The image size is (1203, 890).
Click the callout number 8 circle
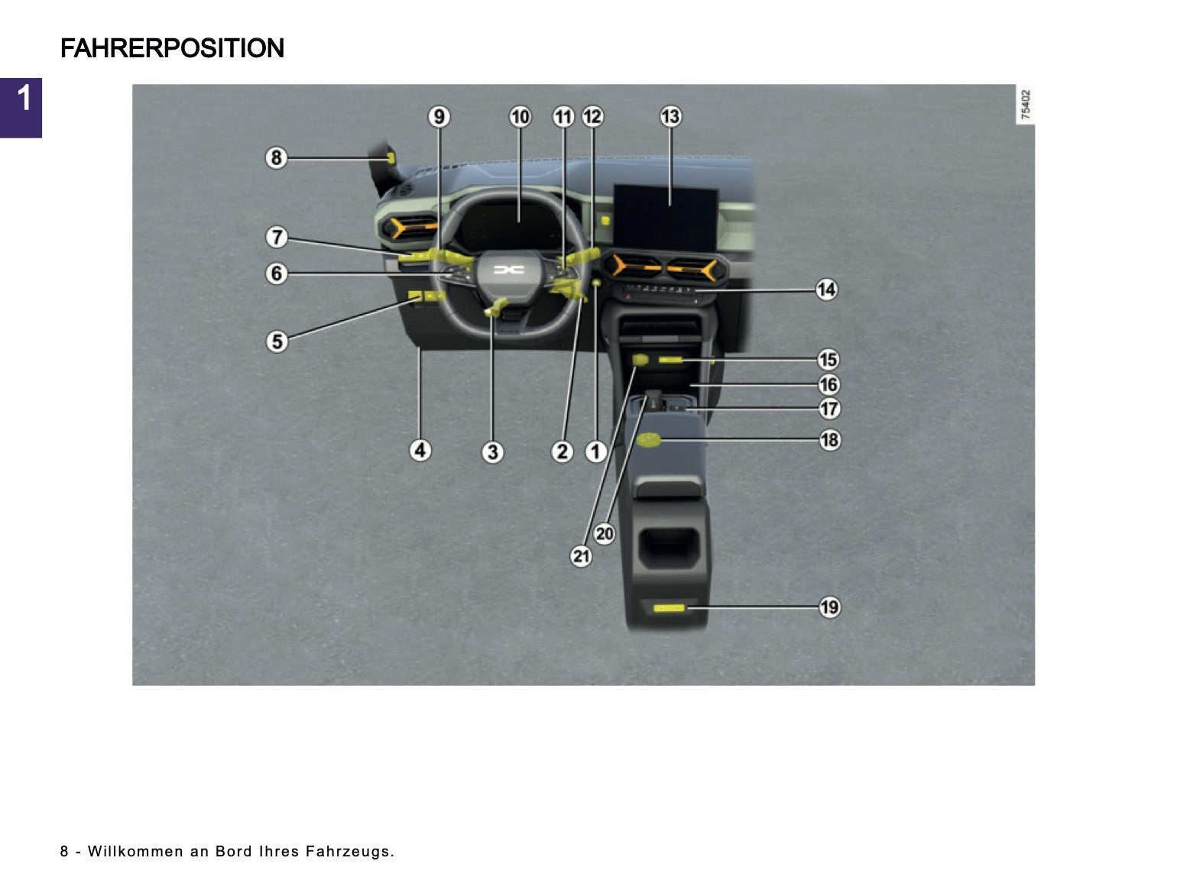tap(276, 158)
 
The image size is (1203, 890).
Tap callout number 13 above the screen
tap(670, 117)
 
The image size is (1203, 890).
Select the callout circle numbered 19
tap(829, 607)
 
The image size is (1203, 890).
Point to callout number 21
tap(581, 556)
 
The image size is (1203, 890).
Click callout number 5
tap(277, 341)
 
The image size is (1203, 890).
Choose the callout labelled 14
tap(826, 290)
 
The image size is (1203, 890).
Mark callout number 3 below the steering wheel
tap(492, 451)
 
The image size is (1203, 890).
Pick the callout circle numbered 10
tap(520, 117)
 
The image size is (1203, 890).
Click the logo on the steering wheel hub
tap(508, 270)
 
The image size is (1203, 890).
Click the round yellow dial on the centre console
tap(649, 440)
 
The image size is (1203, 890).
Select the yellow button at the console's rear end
tap(669, 608)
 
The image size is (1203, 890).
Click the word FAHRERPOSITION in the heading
tap(172, 47)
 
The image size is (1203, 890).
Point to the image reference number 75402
tap(1025, 104)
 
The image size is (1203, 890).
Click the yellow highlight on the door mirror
tap(391, 158)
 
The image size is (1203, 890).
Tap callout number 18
tap(829, 439)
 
